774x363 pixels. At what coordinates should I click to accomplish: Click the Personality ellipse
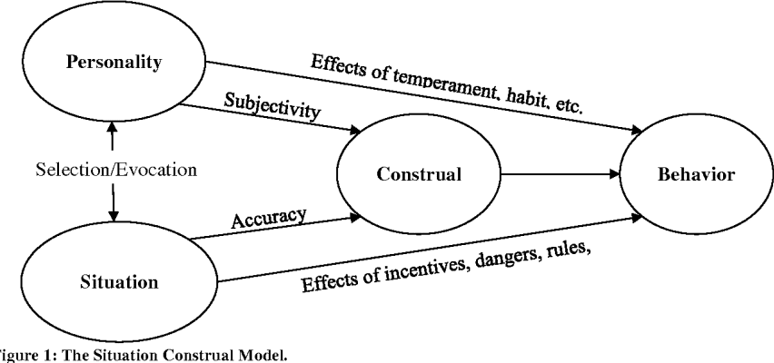click(x=112, y=64)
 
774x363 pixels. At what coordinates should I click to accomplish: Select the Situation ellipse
click(x=112, y=280)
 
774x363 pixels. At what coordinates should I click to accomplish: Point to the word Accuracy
click(x=268, y=219)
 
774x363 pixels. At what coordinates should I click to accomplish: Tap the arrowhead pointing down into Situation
click(x=112, y=216)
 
